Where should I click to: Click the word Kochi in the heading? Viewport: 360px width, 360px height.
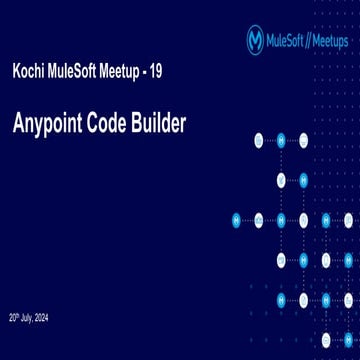pos(30,75)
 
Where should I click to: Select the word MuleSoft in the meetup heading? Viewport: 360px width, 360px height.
pos(80,75)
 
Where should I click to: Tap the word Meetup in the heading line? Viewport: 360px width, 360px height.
pos(135,75)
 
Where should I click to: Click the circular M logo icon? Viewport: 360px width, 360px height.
pos(255,39)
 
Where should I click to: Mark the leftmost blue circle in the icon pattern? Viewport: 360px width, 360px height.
pos(237,219)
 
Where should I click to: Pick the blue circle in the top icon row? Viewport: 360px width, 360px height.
pos(281,140)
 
